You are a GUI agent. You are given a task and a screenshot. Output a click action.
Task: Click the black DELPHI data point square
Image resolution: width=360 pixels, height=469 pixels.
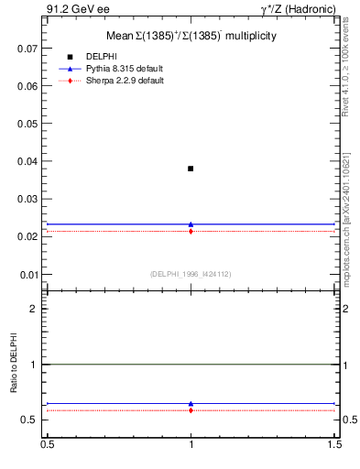191,169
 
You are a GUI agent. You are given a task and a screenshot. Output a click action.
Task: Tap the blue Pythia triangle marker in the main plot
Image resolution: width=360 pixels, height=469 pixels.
191,224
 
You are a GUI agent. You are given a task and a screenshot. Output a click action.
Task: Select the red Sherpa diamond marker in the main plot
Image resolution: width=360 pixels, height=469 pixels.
191,232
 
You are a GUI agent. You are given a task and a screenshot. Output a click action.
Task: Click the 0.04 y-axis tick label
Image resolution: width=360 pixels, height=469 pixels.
28,161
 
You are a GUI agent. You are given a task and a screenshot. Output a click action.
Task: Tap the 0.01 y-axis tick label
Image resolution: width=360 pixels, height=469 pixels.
28,275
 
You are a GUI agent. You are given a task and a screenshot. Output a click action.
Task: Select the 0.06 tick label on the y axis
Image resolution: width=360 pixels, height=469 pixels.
28,86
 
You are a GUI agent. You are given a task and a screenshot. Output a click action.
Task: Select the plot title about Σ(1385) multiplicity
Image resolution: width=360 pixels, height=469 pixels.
191,35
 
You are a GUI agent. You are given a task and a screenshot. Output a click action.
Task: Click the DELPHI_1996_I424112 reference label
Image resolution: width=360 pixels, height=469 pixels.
191,274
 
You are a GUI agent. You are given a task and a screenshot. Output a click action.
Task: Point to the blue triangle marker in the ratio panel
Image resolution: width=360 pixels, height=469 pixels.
191,403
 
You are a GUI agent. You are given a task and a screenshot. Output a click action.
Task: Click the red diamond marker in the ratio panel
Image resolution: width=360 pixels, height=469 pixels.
191,410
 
